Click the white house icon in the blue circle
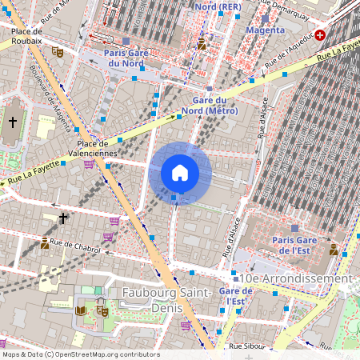click(x=180, y=173)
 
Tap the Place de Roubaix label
click(x=26, y=36)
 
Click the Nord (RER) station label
click(x=218, y=6)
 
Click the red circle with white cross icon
click(x=321, y=35)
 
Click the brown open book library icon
click(x=80, y=310)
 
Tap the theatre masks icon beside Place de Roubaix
click(x=57, y=50)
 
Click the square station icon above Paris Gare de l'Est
click(x=294, y=229)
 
